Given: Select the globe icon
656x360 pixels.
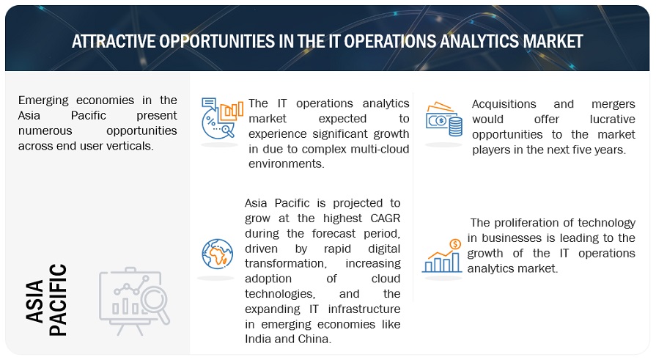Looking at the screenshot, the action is [217, 254].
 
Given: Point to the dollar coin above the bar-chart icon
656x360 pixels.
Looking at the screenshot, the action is [455, 243].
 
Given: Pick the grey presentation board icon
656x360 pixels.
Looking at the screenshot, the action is [134, 301].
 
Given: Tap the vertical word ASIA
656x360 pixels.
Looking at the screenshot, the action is [34, 301].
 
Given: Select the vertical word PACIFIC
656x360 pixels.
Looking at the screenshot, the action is [58, 300].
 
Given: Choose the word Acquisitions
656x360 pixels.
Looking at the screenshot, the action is [504, 104].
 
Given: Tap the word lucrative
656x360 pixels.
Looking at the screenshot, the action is [613, 120].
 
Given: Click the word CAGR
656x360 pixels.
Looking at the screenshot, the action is [386, 218].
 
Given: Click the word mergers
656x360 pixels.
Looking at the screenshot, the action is [613, 105].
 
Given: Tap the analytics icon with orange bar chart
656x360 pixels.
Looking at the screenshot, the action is [222, 119].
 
